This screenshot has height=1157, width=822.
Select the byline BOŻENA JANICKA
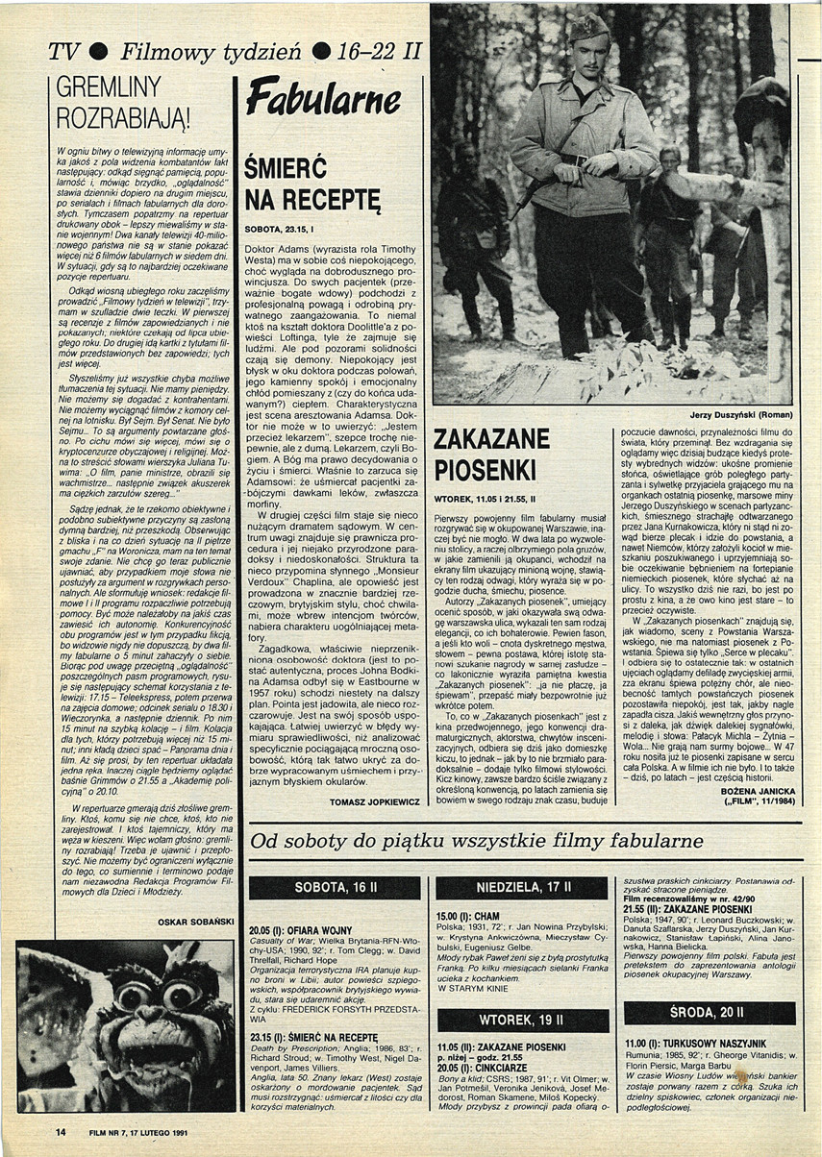click(746, 792)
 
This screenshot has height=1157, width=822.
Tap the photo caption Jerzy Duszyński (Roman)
click(736, 415)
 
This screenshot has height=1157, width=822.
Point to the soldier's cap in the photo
click(588, 27)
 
